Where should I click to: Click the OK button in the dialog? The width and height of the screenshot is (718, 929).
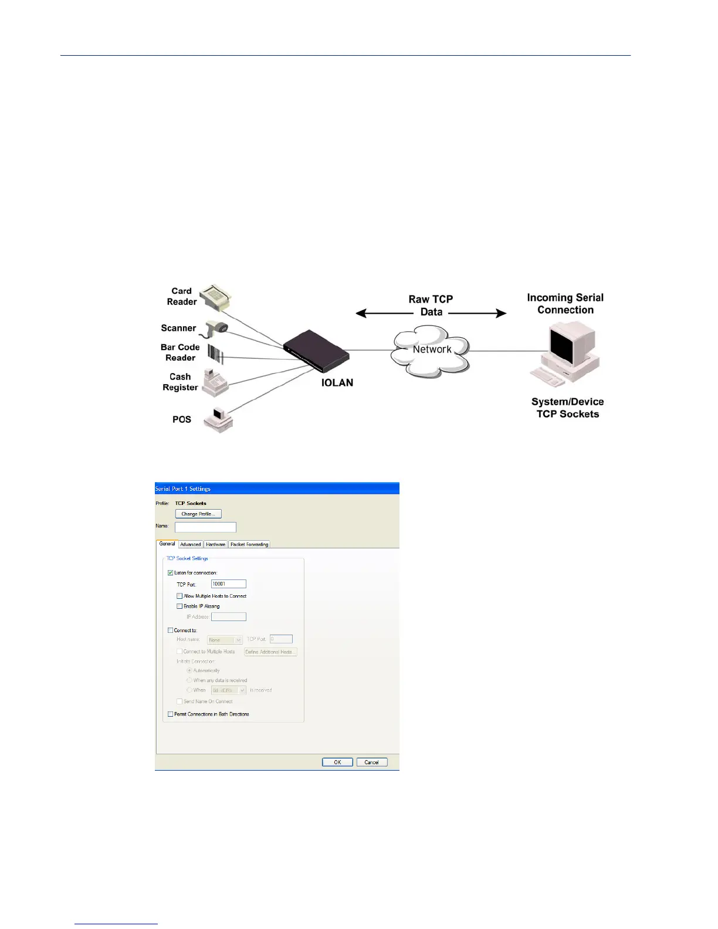pyautogui.click(x=337, y=762)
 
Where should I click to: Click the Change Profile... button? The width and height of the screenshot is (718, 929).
pyautogui.click(x=198, y=514)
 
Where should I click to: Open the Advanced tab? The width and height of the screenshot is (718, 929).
pyautogui.click(x=191, y=544)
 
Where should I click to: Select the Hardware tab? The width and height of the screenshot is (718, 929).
pyautogui.click(x=216, y=544)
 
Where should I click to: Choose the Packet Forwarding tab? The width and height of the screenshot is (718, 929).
pyautogui.click(x=249, y=544)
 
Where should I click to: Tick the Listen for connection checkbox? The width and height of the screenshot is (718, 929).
pyautogui.click(x=171, y=572)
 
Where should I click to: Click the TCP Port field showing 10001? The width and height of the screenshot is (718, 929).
pyautogui.click(x=229, y=584)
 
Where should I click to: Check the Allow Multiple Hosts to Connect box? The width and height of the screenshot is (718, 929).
pyautogui.click(x=179, y=596)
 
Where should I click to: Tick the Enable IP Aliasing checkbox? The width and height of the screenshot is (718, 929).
pyautogui.click(x=179, y=606)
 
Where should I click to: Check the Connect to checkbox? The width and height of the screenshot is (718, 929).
pyautogui.click(x=171, y=630)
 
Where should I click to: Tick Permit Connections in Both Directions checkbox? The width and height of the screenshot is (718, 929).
pyautogui.click(x=171, y=714)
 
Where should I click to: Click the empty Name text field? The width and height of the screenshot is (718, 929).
pyautogui.click(x=205, y=527)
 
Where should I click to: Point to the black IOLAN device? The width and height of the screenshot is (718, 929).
pyautogui.click(x=316, y=350)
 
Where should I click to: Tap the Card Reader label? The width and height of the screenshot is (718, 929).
pyautogui.click(x=182, y=296)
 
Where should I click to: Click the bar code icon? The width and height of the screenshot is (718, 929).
pyautogui.click(x=215, y=354)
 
